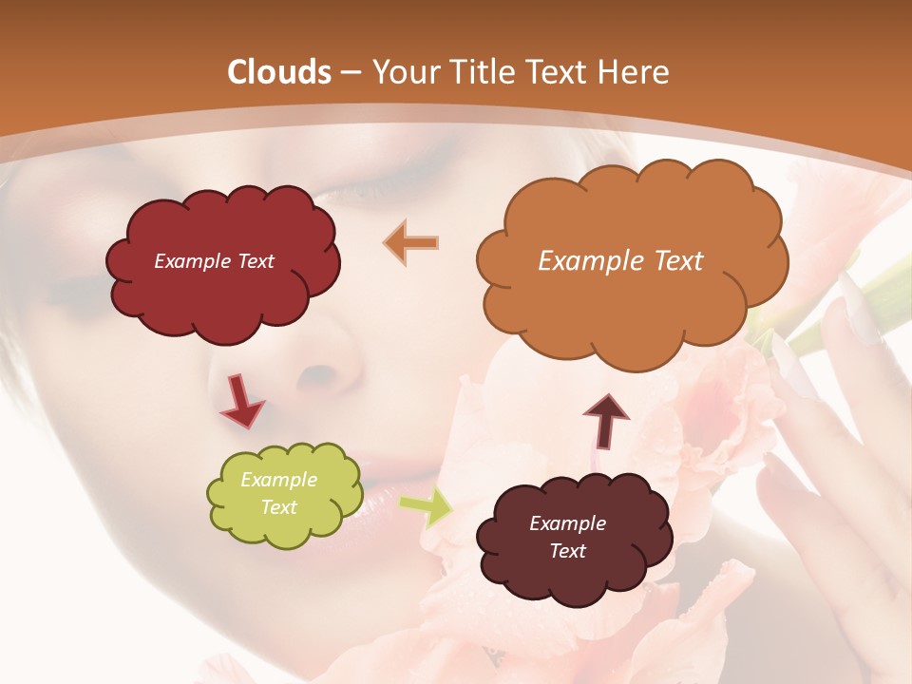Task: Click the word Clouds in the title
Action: (x=279, y=72)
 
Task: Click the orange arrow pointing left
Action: (x=411, y=242)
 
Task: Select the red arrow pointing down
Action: (x=241, y=401)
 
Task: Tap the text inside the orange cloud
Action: (x=620, y=261)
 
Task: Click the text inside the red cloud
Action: (x=214, y=261)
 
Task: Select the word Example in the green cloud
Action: (x=278, y=480)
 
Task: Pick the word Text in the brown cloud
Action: (x=567, y=551)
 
